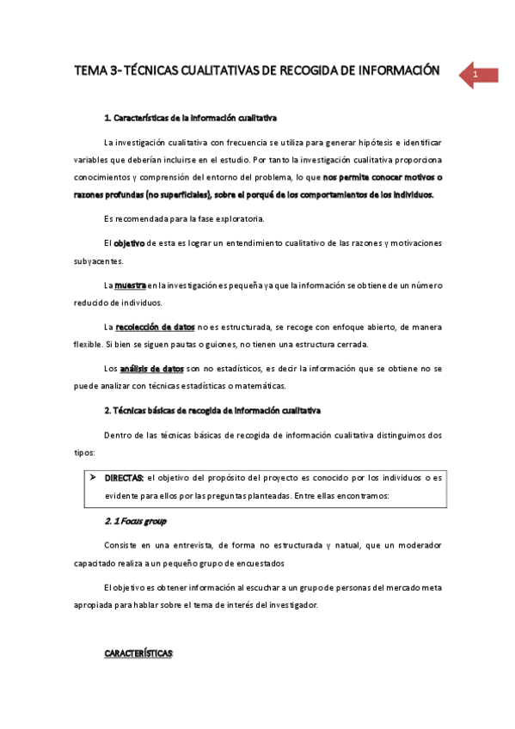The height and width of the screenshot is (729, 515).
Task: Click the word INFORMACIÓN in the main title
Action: tap(395, 70)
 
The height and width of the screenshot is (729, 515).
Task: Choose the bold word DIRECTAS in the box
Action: tap(124, 476)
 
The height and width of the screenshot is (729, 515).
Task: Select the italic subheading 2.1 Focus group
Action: tap(135, 521)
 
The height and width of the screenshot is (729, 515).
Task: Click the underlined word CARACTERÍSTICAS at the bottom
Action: tap(138, 653)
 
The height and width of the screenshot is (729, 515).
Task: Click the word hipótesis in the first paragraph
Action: tap(346, 141)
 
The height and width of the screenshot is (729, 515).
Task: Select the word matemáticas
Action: tap(260, 385)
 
